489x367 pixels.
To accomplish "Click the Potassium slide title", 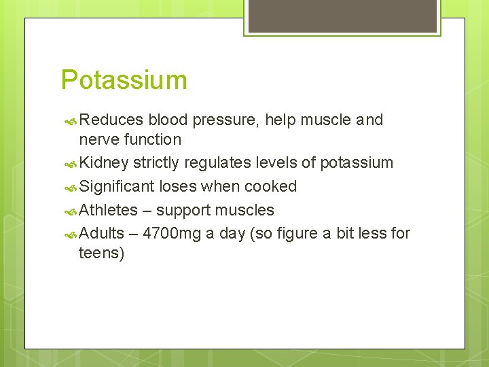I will pyautogui.click(x=124, y=80).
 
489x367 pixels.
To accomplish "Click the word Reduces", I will pyautogui.click(x=111, y=120).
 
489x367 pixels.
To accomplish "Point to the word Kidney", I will pyautogui.click(x=104, y=163).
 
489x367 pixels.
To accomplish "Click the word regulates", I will pyautogui.click(x=205, y=163).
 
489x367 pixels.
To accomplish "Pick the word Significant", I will pyautogui.click(x=117, y=186).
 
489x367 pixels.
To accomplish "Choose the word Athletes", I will pyautogui.click(x=109, y=210).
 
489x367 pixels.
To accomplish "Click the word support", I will pyautogui.click(x=183, y=210).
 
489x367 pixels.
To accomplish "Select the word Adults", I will pyautogui.click(x=102, y=233).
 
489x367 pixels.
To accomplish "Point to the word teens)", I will pyautogui.click(x=102, y=254).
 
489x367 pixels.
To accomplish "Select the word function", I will pyautogui.click(x=151, y=140).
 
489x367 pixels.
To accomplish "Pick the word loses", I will pyautogui.click(x=177, y=186).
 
